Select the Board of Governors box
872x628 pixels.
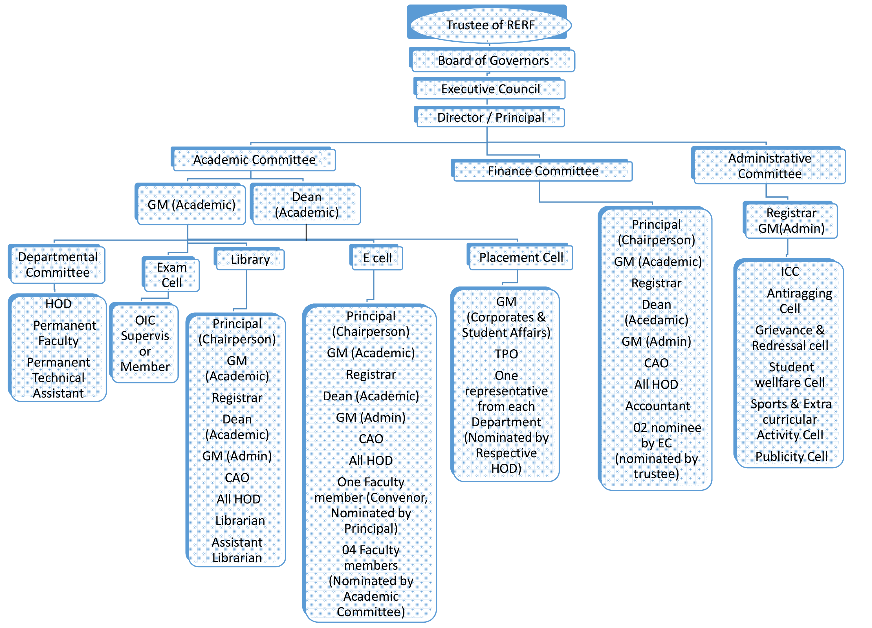493,60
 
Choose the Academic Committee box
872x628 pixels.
254,159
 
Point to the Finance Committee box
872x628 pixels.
543,171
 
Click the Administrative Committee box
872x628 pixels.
769,166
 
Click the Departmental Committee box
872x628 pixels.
58,265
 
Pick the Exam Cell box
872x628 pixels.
171,275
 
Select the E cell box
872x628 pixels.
377,258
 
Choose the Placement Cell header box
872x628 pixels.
521,257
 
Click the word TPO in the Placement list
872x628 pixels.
506,354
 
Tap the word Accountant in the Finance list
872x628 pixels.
657,406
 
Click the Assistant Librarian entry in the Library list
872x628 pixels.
237,550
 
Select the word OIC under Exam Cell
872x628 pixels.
145,320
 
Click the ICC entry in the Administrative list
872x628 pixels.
789,272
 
